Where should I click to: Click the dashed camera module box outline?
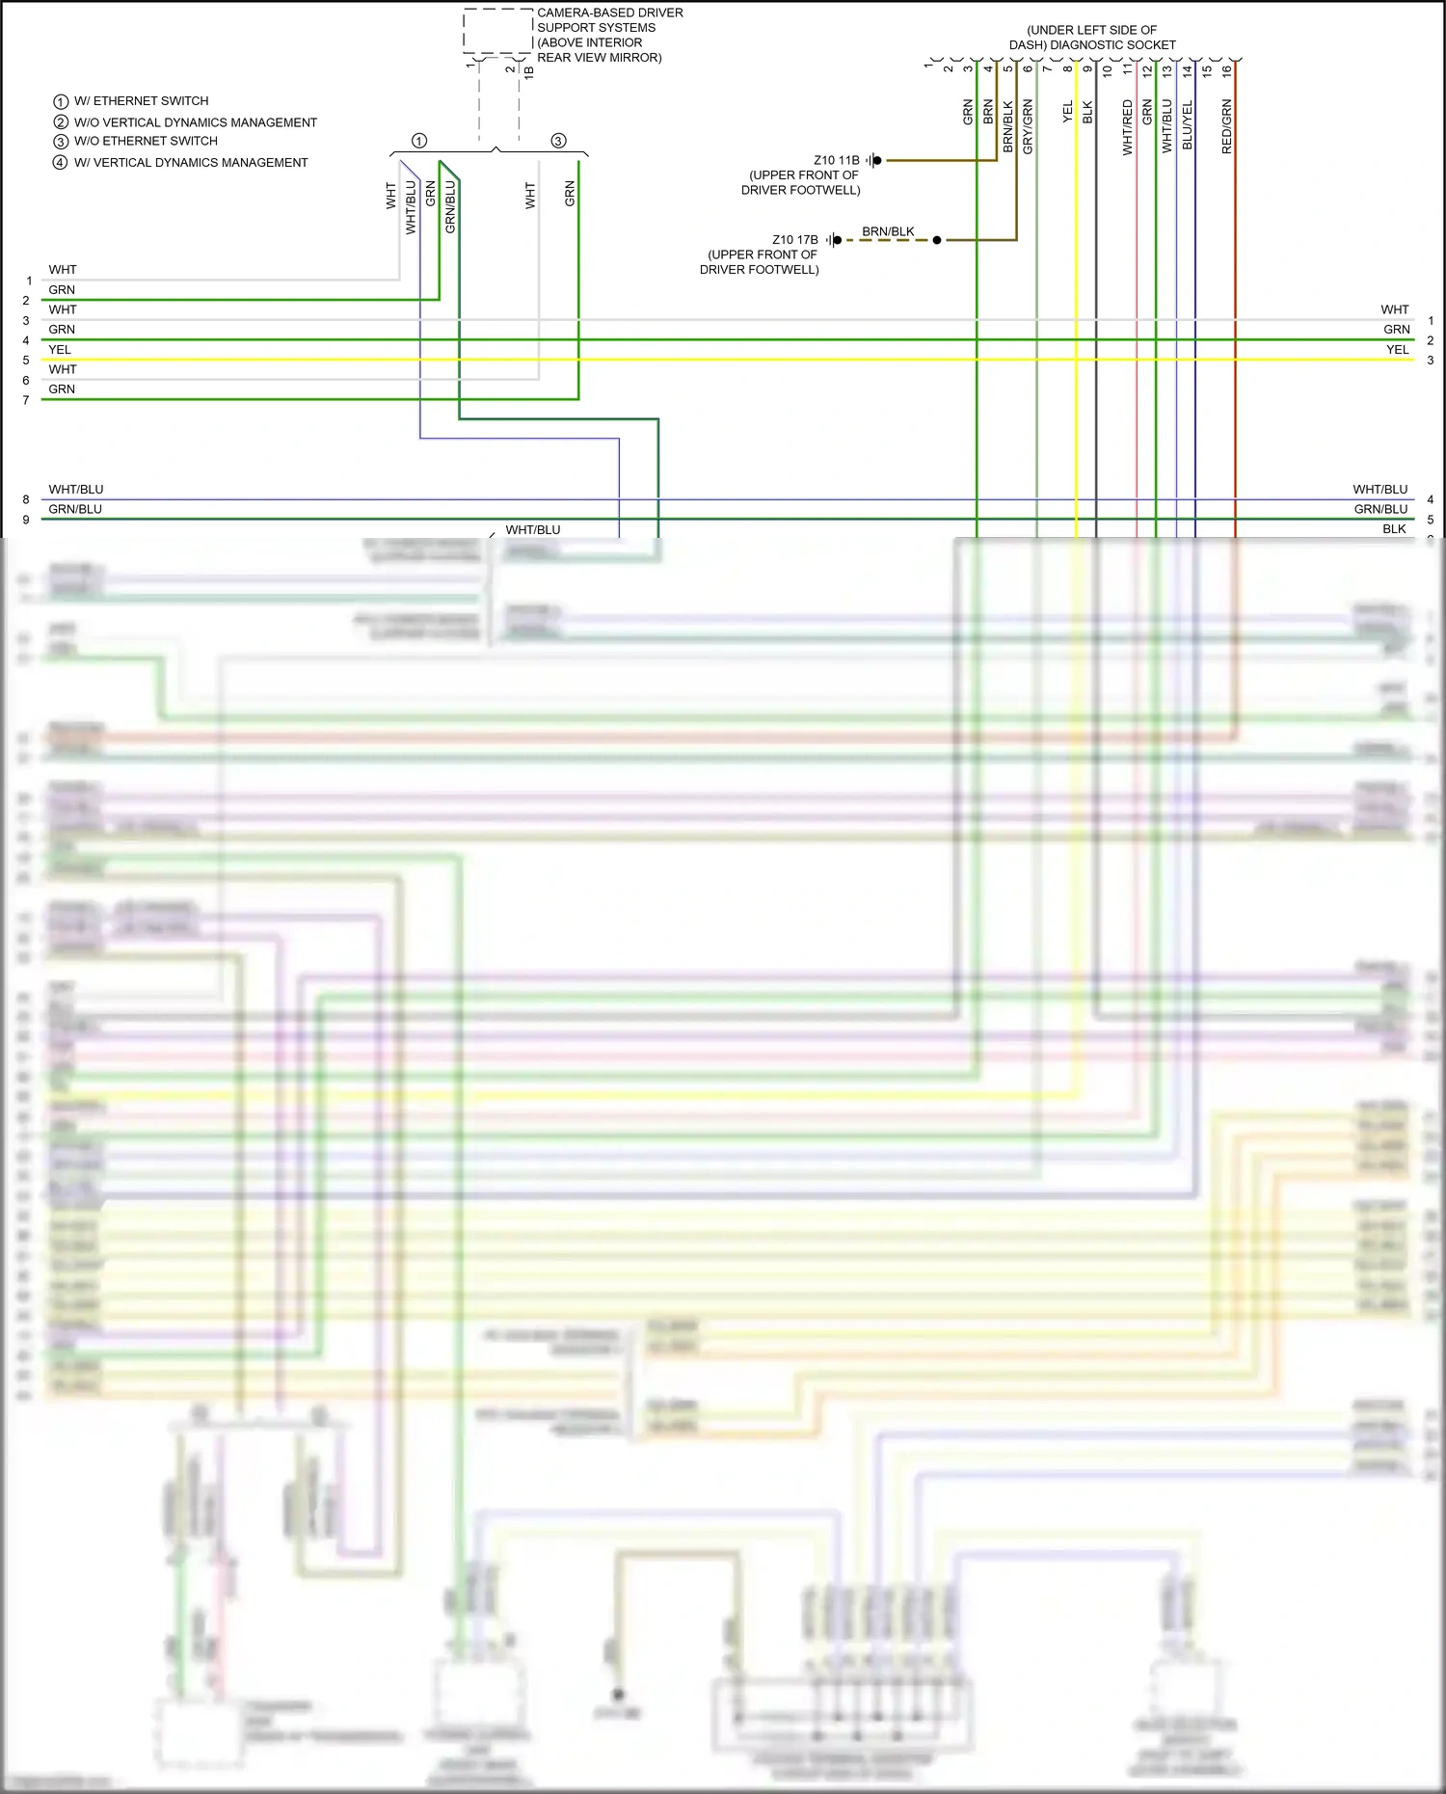(497, 31)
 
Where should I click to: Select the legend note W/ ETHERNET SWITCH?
(141, 101)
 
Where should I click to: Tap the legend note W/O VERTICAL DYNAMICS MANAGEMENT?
(195, 122)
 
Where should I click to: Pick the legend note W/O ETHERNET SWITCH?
(146, 141)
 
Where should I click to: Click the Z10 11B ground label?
(836, 160)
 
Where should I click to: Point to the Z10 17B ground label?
(794, 240)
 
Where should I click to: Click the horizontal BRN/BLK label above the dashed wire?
(888, 231)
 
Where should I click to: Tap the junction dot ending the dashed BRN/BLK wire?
(937, 240)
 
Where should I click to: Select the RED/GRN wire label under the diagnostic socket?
(1226, 126)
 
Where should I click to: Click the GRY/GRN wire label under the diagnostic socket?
(1028, 126)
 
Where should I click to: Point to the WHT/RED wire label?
(1127, 127)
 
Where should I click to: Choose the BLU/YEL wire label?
(1187, 125)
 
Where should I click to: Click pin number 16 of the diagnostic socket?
(1226, 69)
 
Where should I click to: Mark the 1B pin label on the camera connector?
(529, 70)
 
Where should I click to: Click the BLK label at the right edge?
(1394, 529)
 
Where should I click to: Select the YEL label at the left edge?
(60, 350)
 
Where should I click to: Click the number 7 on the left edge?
(26, 400)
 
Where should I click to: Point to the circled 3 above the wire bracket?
(558, 142)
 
